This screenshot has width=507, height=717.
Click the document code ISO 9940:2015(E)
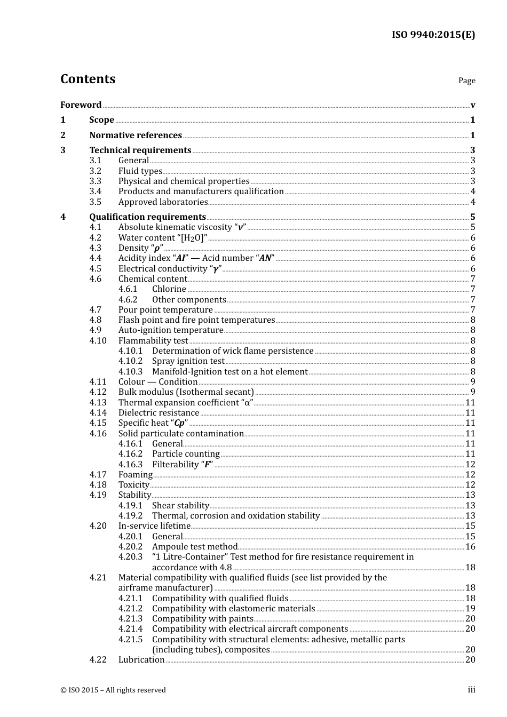(x=433, y=35)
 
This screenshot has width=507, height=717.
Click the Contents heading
(x=88, y=79)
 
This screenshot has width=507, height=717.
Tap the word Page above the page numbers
(x=466, y=81)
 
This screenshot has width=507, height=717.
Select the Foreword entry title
(x=81, y=105)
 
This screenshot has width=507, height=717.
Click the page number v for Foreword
(x=473, y=105)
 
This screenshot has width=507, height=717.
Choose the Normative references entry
(x=136, y=136)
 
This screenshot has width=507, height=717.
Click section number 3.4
(x=95, y=192)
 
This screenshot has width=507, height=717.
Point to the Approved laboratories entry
(x=163, y=202)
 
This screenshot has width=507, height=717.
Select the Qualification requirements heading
(x=147, y=217)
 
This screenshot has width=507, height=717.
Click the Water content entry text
(x=162, y=238)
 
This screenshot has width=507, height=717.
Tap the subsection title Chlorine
(x=169, y=289)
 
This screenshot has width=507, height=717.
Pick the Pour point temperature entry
(x=165, y=310)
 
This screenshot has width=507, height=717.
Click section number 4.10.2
(x=130, y=361)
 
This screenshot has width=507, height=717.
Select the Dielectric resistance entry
(x=159, y=413)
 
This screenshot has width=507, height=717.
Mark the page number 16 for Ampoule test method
(x=470, y=547)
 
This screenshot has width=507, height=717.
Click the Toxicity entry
(x=133, y=485)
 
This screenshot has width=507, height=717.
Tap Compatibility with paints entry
(x=202, y=619)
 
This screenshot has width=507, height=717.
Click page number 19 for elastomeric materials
(x=470, y=609)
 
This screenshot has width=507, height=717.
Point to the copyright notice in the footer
(x=113, y=690)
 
